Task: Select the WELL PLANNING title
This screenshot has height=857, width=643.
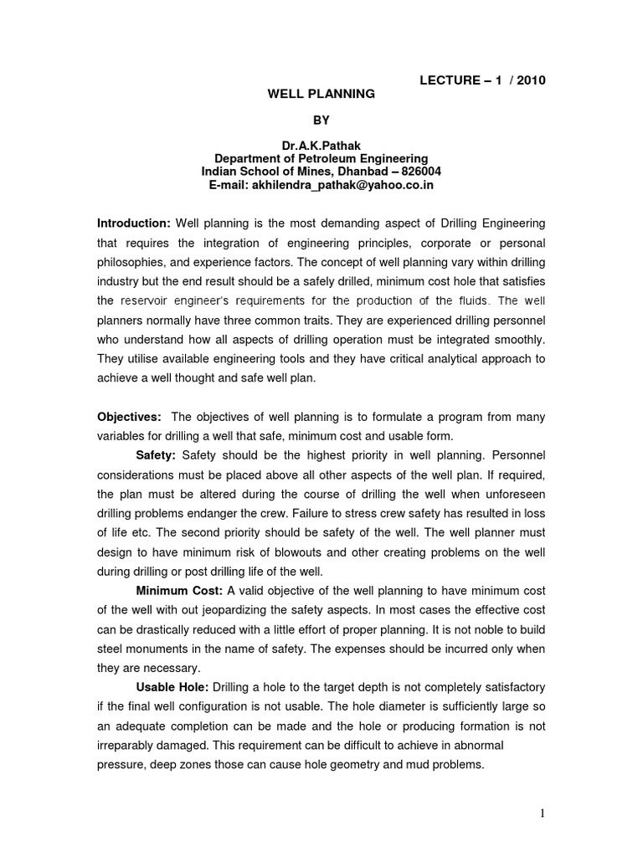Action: coord(321,95)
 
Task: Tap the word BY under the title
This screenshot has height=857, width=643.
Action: coord(321,121)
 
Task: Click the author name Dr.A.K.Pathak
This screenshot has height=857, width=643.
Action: coord(321,146)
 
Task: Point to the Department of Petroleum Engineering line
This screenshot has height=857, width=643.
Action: coord(321,158)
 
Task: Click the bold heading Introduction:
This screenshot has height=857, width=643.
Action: coord(134,223)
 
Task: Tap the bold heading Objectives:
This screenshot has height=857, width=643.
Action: coord(131,418)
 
